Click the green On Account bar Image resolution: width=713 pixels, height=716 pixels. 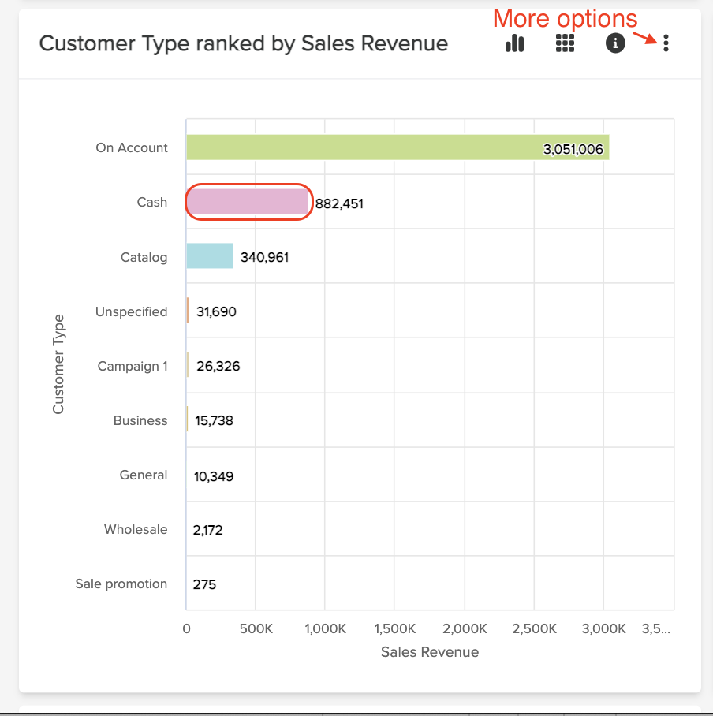tap(398, 147)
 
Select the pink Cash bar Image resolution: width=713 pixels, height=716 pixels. tap(247, 203)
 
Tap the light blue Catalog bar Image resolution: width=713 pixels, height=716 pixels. tap(210, 256)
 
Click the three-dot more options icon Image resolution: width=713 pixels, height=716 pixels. tap(666, 43)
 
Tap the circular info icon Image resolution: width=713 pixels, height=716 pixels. tap(615, 43)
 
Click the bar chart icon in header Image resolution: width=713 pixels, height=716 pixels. tap(514, 43)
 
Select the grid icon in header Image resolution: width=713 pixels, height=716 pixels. tap(565, 43)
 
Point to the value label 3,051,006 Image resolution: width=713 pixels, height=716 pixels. tap(573, 149)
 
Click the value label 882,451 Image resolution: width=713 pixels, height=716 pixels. tap(339, 203)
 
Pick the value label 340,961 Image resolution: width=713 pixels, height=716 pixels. tap(264, 257)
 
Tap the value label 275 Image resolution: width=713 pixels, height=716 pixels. tap(204, 584)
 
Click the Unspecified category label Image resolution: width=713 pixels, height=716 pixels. tap(131, 311)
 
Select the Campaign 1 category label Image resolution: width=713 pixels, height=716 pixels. tap(133, 366)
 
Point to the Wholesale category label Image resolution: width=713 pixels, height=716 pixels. tap(136, 529)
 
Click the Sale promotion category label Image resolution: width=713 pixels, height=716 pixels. tap(121, 584)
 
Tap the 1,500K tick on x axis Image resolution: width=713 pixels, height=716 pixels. tap(394, 628)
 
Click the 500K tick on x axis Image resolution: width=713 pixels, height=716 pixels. tap(255, 628)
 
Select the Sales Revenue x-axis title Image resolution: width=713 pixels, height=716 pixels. tap(429, 652)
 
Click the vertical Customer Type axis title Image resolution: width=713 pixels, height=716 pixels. tap(58, 364)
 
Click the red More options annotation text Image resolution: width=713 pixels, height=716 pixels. tap(564, 18)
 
